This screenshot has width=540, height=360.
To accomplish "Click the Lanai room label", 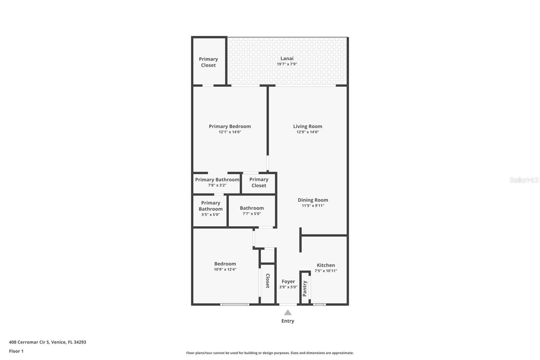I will coord(287,58).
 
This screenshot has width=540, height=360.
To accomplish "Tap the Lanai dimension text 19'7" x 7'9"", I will coord(287,64).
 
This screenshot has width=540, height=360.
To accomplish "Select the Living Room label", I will coord(307,126).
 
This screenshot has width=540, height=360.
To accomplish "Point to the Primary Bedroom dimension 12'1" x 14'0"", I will coord(230,132).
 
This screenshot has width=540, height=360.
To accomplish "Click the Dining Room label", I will coord(313,200).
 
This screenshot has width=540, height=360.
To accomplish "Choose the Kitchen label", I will coord(326,265).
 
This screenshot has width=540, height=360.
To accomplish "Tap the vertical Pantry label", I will coord(305,288).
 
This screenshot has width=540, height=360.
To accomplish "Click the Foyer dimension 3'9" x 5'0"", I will coord(288,287).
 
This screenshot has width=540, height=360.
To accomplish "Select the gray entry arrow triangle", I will coord(288,313).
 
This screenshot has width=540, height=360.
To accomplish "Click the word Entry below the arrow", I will coord(288,321).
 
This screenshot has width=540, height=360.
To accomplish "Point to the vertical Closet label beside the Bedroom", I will coord(268,281).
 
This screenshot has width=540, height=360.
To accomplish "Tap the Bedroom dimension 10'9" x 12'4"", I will coord(225,269).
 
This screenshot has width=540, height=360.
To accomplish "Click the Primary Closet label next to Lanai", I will coord(208,62).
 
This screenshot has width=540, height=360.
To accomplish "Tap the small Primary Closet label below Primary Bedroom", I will coord(259,182).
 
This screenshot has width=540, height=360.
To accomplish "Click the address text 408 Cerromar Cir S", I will coord(30,342).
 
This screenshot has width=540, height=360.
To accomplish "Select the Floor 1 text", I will coord(16,351).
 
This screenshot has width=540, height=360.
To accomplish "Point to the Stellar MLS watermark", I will coord(524,180).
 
